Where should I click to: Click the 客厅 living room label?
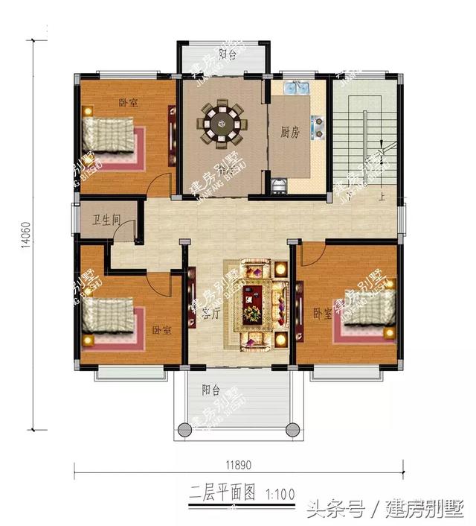coord(210,312)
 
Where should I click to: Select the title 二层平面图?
coord(212,492)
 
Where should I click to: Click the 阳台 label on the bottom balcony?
coord(210,389)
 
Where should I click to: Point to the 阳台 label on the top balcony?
coord(228,54)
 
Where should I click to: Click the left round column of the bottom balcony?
coord(183,428)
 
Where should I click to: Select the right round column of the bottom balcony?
coord(292,428)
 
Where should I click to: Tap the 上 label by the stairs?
coord(382,197)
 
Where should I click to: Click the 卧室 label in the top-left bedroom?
coord(128,104)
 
